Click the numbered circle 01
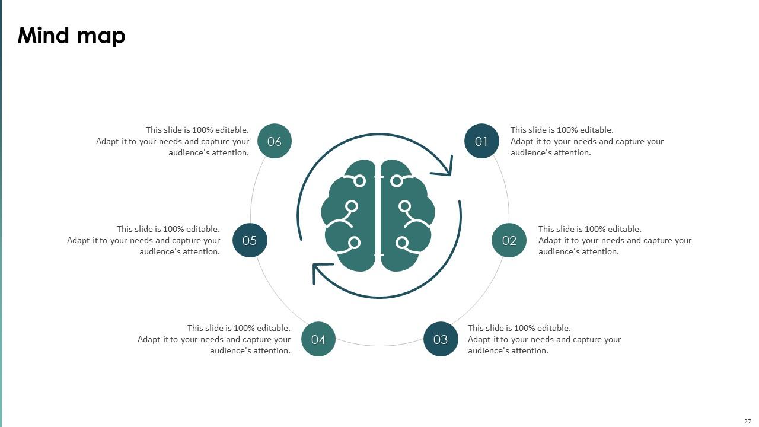point(481,141)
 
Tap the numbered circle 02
point(509,240)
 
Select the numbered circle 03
point(441,339)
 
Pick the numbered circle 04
point(318,339)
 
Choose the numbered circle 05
point(250,240)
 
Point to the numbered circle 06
point(275,141)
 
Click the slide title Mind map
point(72,36)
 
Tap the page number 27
point(747,421)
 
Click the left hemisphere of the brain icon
point(350,216)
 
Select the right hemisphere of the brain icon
point(406,216)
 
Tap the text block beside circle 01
point(587,141)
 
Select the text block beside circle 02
point(615,240)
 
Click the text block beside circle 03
point(544,339)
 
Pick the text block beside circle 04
point(214,339)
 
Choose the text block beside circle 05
point(143,240)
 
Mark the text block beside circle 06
point(173,141)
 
